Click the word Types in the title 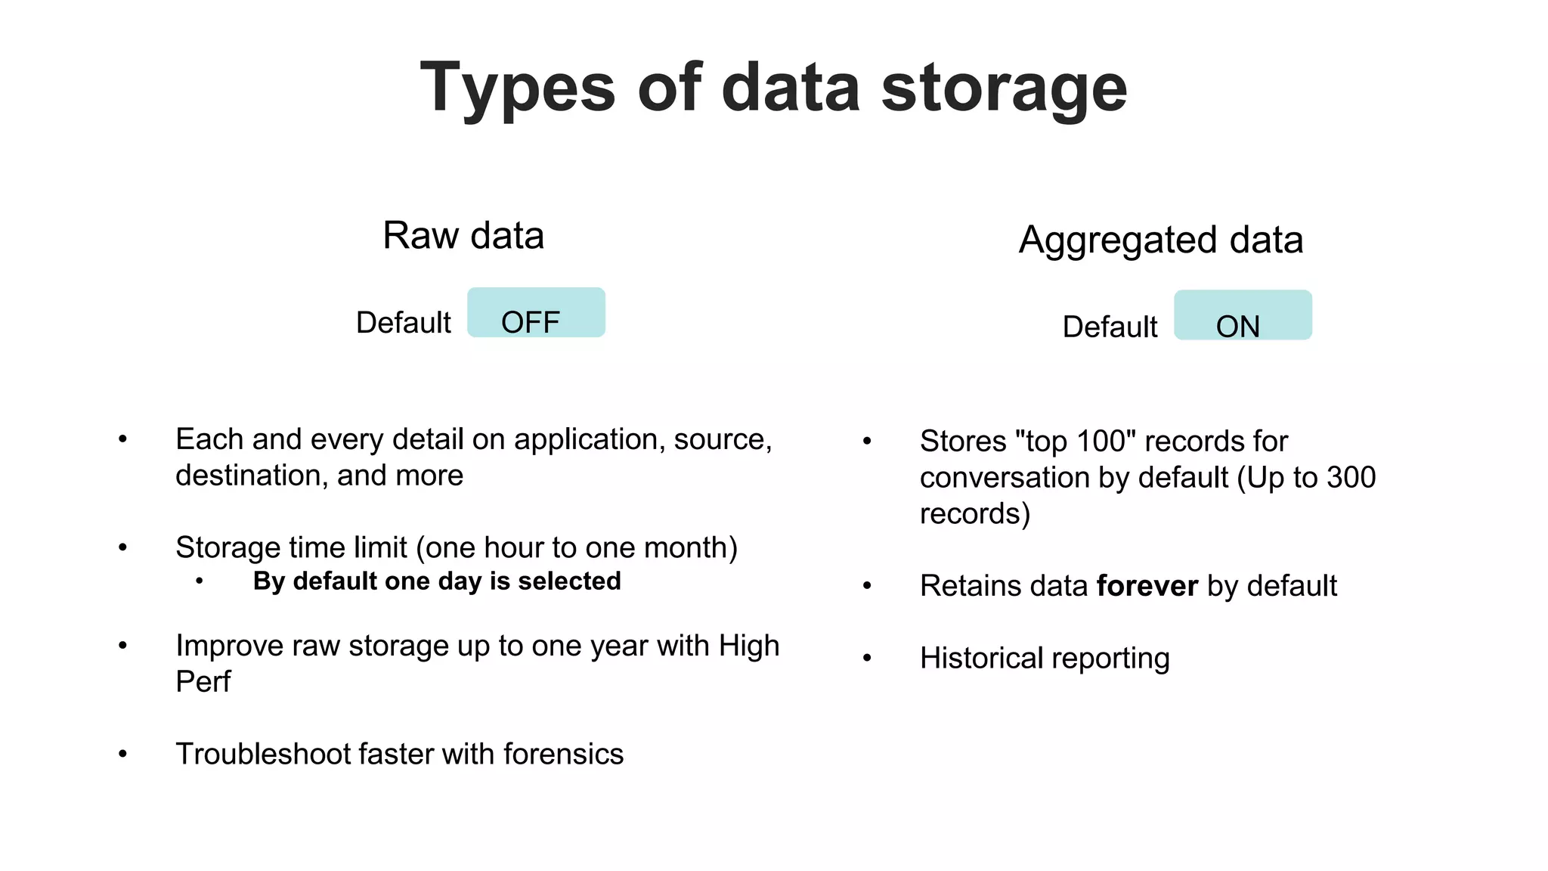(518, 89)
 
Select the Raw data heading (463, 235)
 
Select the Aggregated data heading (1160, 240)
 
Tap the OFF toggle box (536, 313)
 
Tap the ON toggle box (1243, 316)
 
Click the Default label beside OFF (403, 323)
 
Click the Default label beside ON (1110, 327)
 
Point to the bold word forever (1147, 586)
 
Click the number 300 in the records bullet (1351, 478)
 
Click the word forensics (563, 754)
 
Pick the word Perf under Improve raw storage (203, 682)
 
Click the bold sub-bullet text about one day (437, 581)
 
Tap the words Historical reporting (1045, 659)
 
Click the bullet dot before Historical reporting (867, 659)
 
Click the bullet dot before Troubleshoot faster (122, 754)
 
